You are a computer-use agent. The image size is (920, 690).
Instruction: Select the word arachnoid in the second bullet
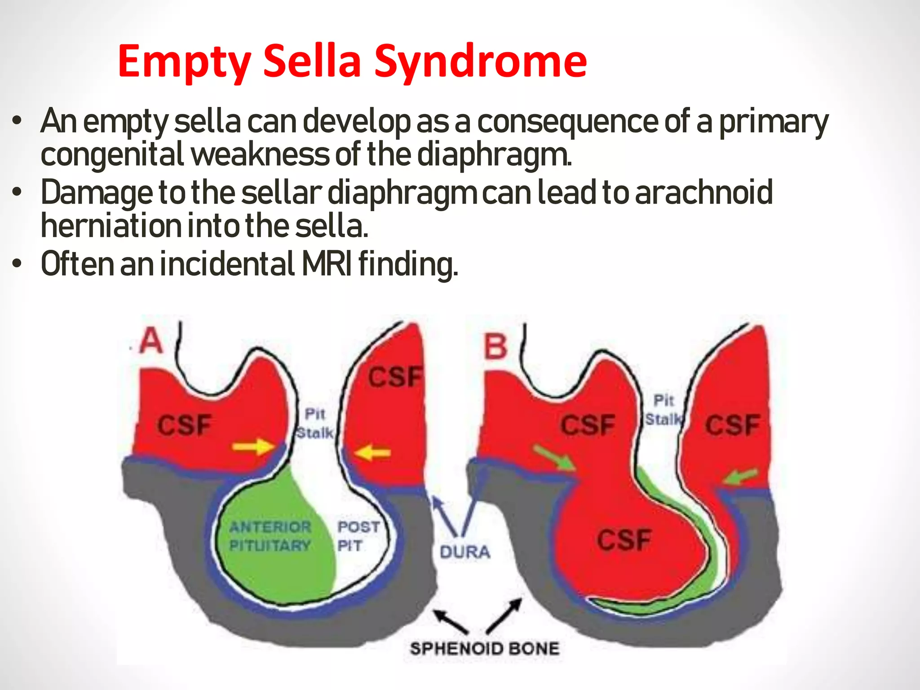tap(703, 192)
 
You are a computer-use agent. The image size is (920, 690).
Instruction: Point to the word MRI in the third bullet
tap(327, 264)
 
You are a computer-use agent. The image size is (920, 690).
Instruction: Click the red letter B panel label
tap(495, 347)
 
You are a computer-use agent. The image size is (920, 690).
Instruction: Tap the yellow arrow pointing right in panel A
tap(253, 447)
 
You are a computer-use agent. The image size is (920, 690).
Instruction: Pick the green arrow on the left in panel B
tap(554, 458)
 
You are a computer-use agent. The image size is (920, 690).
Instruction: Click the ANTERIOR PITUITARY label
tap(270, 536)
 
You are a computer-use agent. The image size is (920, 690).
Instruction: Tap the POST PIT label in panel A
tap(358, 536)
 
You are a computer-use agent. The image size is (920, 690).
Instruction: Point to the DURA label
tap(464, 552)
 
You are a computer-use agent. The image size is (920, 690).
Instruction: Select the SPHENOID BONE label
tap(484, 648)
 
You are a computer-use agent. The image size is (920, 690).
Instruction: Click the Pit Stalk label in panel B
tap(663, 410)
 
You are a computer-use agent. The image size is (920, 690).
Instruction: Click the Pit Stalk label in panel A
tap(315, 424)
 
